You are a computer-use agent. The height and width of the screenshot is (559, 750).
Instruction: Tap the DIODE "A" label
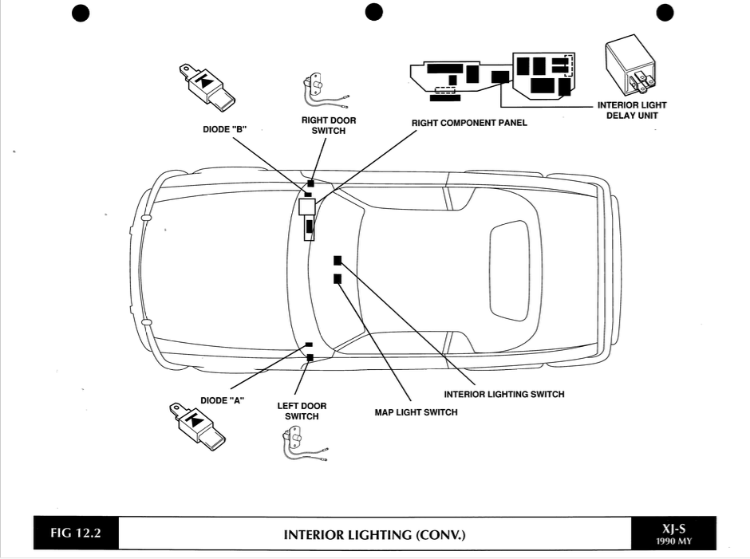coord(222,400)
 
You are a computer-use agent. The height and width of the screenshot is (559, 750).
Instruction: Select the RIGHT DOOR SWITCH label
coord(329,125)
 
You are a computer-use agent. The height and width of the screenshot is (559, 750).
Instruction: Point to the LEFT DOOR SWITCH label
coord(302,411)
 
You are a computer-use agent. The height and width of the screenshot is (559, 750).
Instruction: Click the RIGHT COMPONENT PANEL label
coord(469,124)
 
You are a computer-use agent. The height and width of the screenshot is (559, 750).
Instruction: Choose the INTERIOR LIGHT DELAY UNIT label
coord(632,110)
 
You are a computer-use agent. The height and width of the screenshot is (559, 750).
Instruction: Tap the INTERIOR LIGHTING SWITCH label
coord(504,394)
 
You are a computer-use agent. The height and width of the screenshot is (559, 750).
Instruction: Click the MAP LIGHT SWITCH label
coord(416,412)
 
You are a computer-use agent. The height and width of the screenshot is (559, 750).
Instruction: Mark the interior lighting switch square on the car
coord(337,260)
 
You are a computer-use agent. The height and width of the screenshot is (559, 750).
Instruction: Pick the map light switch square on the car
coord(337,278)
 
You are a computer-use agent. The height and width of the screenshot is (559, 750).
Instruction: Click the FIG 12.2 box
coord(76,533)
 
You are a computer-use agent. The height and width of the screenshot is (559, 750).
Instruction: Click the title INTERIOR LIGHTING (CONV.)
coord(374,534)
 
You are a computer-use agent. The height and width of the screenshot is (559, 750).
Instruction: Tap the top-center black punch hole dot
coord(374,12)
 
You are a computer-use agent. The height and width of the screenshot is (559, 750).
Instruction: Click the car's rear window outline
coord(509,270)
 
